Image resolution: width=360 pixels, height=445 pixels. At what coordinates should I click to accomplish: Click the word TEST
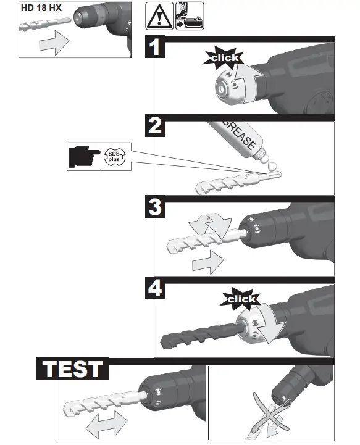point(72,368)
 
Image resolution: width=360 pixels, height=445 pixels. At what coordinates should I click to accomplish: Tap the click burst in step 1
point(224,57)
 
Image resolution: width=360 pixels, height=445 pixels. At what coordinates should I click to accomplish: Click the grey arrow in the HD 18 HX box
point(51,44)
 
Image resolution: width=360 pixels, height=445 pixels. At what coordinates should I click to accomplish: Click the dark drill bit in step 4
point(198,340)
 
